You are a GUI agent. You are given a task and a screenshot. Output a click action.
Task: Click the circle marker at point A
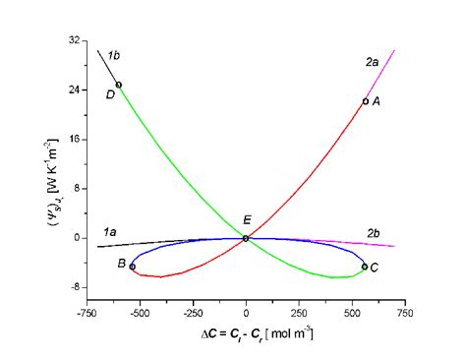[365, 101]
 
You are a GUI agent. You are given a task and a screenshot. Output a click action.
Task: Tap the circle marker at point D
[119, 85]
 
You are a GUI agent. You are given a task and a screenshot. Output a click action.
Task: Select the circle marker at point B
[133, 267]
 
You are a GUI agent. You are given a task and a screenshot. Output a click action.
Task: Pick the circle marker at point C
[365, 267]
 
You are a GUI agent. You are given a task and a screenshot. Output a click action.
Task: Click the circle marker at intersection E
[246, 238]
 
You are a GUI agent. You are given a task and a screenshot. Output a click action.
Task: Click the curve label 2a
[372, 62]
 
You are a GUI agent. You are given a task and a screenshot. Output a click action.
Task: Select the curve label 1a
[111, 231]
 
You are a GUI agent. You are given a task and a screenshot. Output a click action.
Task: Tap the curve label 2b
[374, 233]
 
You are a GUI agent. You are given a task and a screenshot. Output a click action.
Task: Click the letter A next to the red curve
[377, 101]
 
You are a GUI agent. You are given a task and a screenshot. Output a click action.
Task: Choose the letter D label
[110, 94]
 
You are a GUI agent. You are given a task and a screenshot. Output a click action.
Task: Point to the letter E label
[247, 220]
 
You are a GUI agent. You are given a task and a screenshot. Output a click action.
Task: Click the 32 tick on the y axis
[75, 41]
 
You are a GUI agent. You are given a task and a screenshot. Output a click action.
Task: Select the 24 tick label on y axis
[75, 90]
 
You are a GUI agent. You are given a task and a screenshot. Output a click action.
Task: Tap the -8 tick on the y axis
[75, 287]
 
